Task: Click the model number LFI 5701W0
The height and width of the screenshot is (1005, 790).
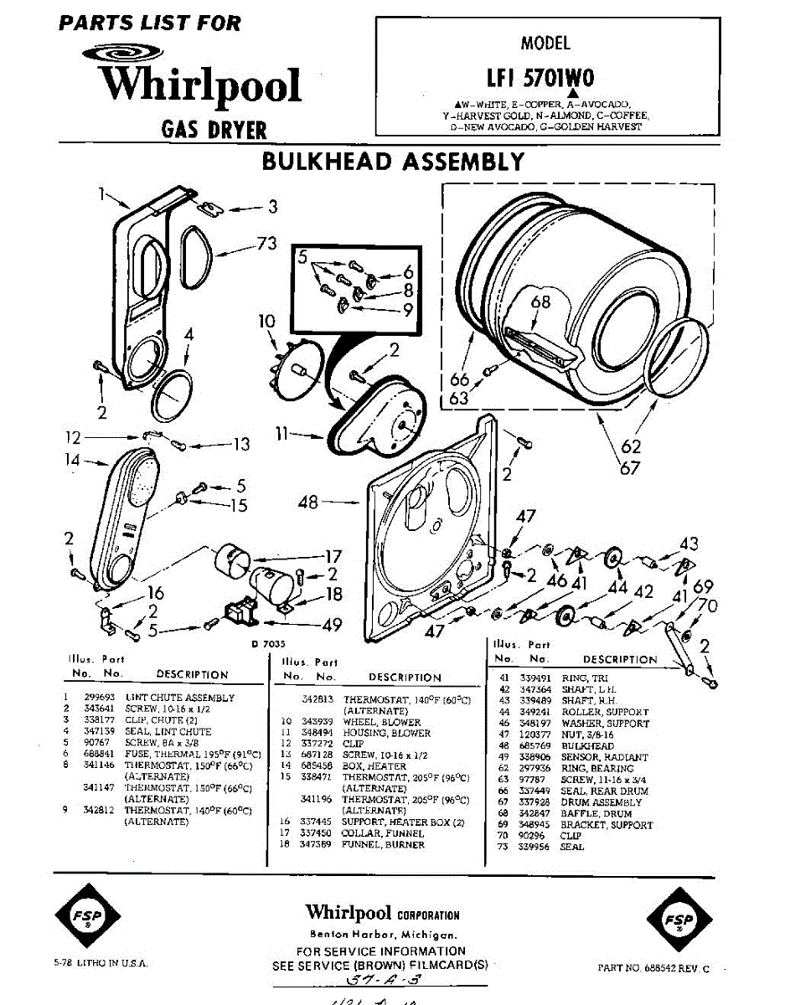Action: (545, 78)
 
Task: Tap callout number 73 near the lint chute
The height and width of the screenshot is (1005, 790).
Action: (266, 244)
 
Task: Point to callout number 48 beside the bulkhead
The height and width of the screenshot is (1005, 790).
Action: (308, 502)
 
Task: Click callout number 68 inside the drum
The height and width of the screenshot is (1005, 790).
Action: (541, 301)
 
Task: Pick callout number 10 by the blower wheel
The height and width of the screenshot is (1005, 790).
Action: (266, 321)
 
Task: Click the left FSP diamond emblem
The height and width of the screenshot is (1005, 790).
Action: (88, 917)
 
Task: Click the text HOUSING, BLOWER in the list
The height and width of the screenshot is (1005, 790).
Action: (386, 733)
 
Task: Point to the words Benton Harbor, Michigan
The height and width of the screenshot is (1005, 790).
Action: (383, 935)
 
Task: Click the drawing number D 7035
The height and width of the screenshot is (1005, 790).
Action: (266, 644)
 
